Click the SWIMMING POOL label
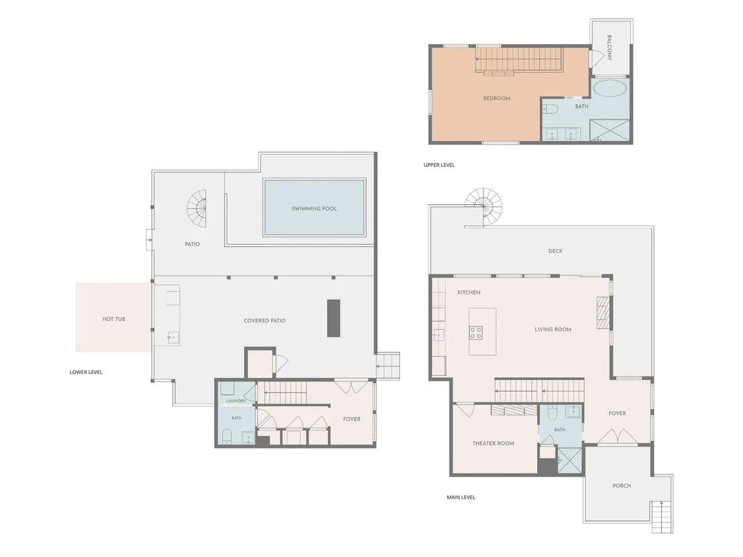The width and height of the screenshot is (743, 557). click(314, 208)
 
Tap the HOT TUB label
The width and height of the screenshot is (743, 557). click(114, 319)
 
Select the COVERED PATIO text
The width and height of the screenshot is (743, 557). click(264, 320)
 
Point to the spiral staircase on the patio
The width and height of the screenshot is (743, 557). click(196, 208)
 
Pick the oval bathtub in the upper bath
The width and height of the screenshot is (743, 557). click(610, 88)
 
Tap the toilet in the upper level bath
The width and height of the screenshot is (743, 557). click(550, 109)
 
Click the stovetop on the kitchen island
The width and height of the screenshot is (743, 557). click(475, 332)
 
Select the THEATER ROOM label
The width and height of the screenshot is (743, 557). click(494, 443)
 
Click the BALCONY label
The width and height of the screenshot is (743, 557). click(610, 48)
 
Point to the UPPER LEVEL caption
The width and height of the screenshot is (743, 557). click(439, 165)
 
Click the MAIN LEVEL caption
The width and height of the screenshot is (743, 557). click(461, 497)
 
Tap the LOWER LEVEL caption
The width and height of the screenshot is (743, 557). click(86, 372)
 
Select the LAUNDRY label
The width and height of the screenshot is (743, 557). click(236, 401)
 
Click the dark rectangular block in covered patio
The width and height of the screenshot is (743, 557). click(333, 318)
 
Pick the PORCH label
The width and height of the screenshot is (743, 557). click(622, 485)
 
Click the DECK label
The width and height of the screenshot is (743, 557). click(555, 251)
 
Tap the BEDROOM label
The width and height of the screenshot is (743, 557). click(497, 99)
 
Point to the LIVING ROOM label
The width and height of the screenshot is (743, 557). click(553, 329)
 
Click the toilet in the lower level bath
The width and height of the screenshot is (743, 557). click(227, 435)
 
